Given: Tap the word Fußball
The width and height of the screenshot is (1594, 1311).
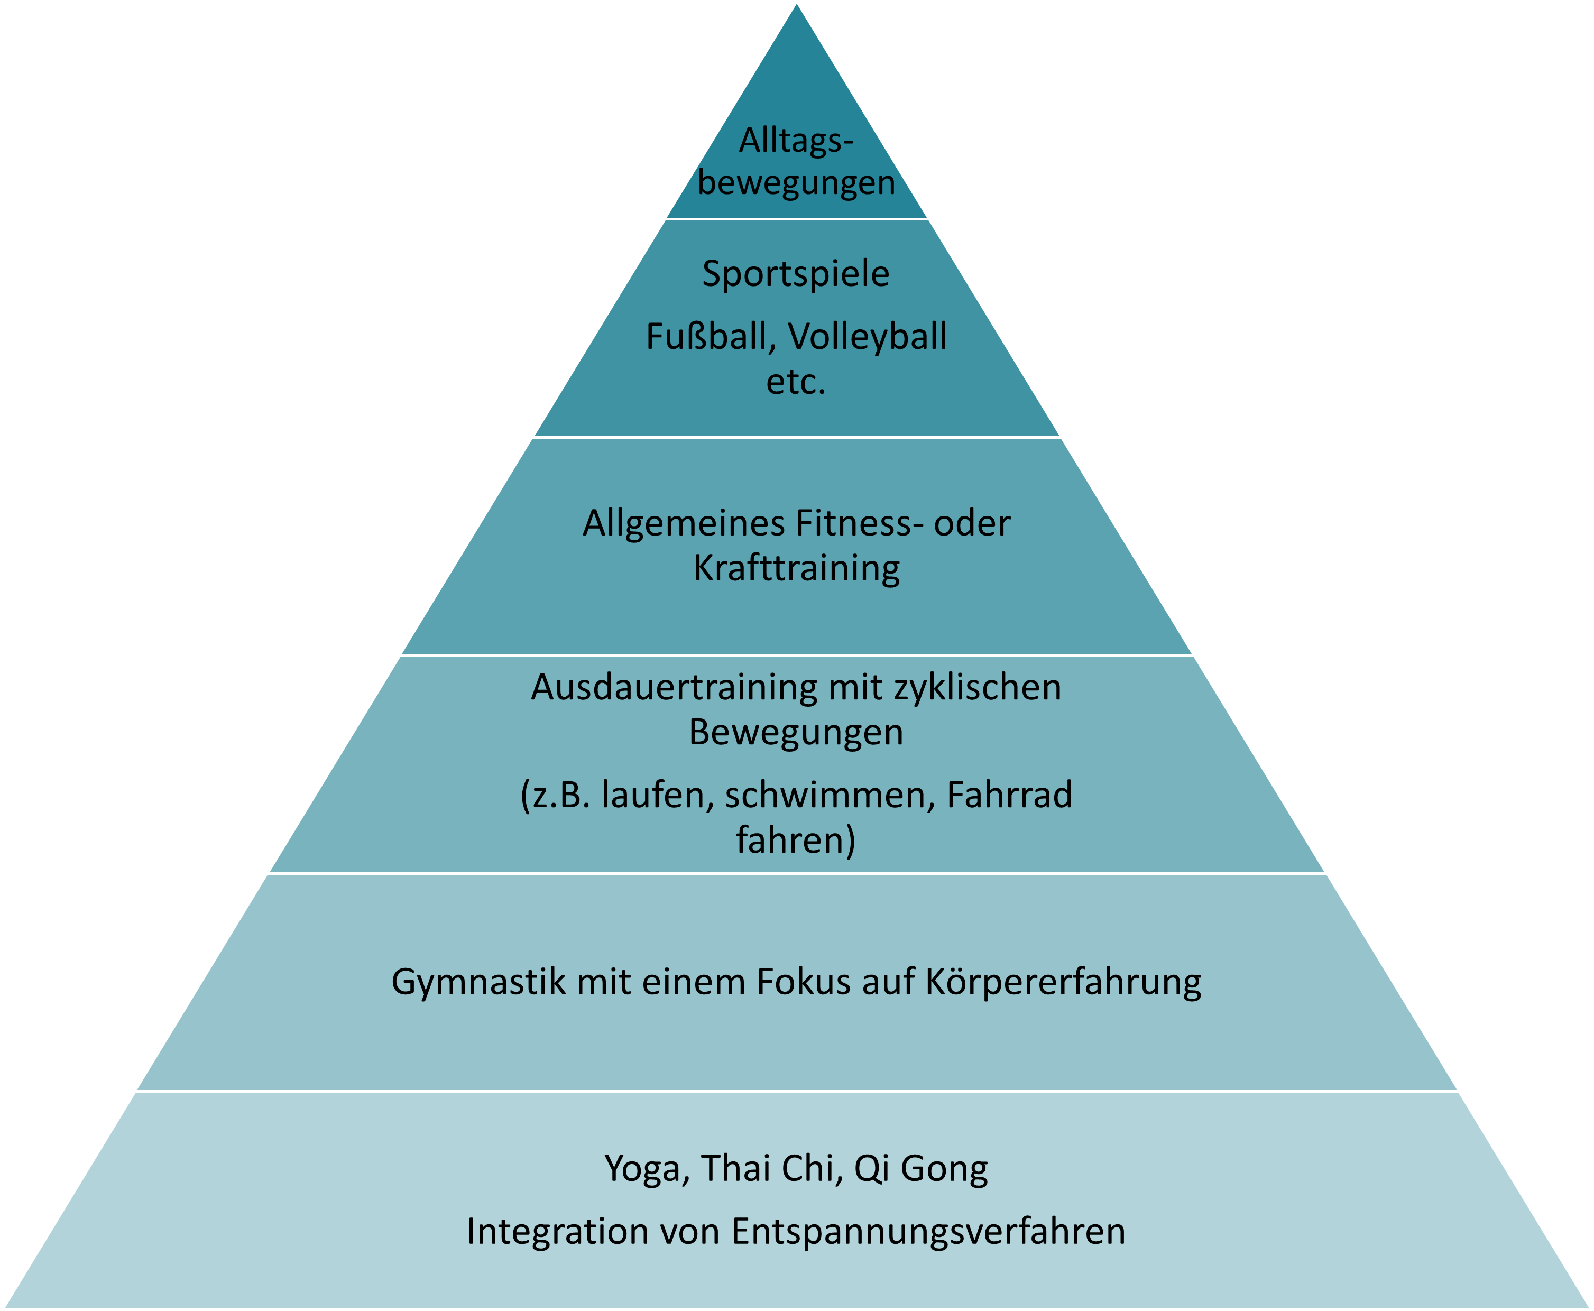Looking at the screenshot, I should coord(706,337).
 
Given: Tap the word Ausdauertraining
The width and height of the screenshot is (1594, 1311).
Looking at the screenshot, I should coord(674,688).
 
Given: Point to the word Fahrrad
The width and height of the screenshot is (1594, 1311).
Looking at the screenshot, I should coord(1010,795).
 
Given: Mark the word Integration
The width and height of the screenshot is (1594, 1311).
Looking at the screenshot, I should coord(557,1232).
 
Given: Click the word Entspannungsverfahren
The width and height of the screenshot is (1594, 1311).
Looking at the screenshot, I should coord(928,1232).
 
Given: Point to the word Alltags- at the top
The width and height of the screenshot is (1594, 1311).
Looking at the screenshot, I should coord(796,141).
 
